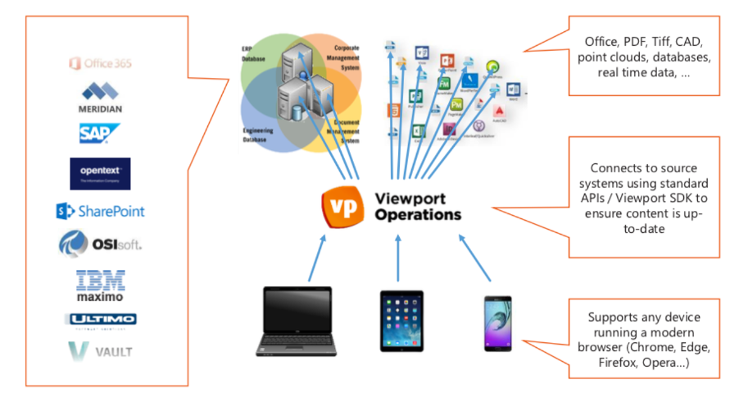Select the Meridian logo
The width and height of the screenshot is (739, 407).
click(100, 97)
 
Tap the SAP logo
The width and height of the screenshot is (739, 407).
click(100, 133)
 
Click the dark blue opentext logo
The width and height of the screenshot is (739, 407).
click(100, 173)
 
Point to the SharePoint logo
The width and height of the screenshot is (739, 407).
click(100, 212)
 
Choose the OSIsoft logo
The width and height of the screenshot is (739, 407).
click(100, 244)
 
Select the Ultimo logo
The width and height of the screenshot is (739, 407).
click(100, 319)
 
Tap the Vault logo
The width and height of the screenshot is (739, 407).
click(100, 352)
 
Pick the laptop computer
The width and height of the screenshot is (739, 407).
click(296, 321)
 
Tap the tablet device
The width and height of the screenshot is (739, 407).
click(401, 321)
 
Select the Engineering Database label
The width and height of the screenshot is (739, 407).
click(258, 135)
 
